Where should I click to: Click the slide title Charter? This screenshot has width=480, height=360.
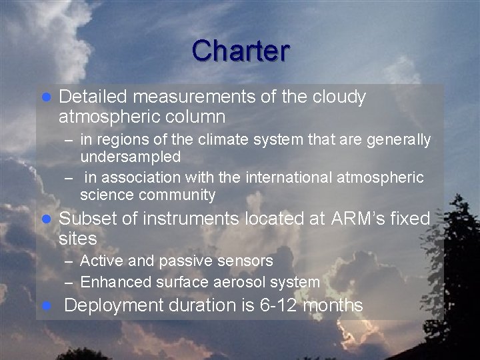pyautogui.click(x=240, y=51)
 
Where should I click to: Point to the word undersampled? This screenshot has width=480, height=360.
pyautogui.click(x=130, y=157)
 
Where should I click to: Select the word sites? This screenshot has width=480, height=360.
pyautogui.click(x=77, y=239)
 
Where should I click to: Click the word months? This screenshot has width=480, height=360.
pyautogui.click(x=333, y=306)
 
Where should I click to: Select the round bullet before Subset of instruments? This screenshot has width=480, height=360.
pyautogui.click(x=47, y=219)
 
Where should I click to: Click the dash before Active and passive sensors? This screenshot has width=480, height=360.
pyautogui.click(x=69, y=261)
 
